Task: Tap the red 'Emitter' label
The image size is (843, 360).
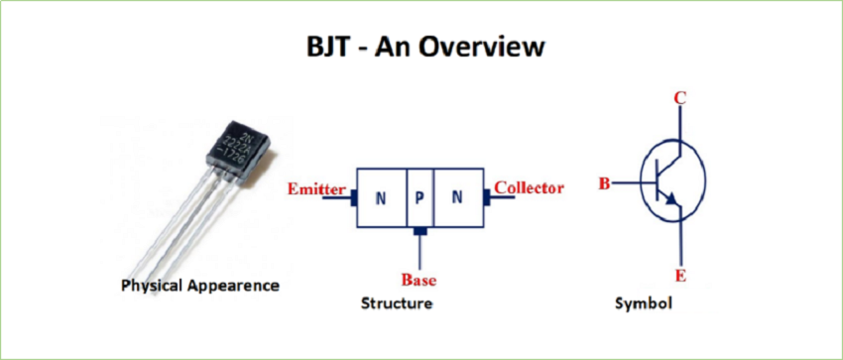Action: point(316,188)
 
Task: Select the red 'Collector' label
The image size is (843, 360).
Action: point(529,187)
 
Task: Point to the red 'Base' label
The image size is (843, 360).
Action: point(419,279)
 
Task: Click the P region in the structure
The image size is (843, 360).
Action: point(420,197)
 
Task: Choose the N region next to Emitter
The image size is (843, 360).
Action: point(380,197)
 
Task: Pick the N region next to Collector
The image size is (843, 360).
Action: point(457,197)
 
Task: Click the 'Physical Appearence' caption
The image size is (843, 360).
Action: point(199,286)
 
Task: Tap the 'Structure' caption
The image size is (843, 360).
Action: point(397,303)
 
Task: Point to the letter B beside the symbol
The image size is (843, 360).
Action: point(603,183)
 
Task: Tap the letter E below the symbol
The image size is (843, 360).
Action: point(680,276)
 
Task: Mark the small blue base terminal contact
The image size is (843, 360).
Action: point(420,232)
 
